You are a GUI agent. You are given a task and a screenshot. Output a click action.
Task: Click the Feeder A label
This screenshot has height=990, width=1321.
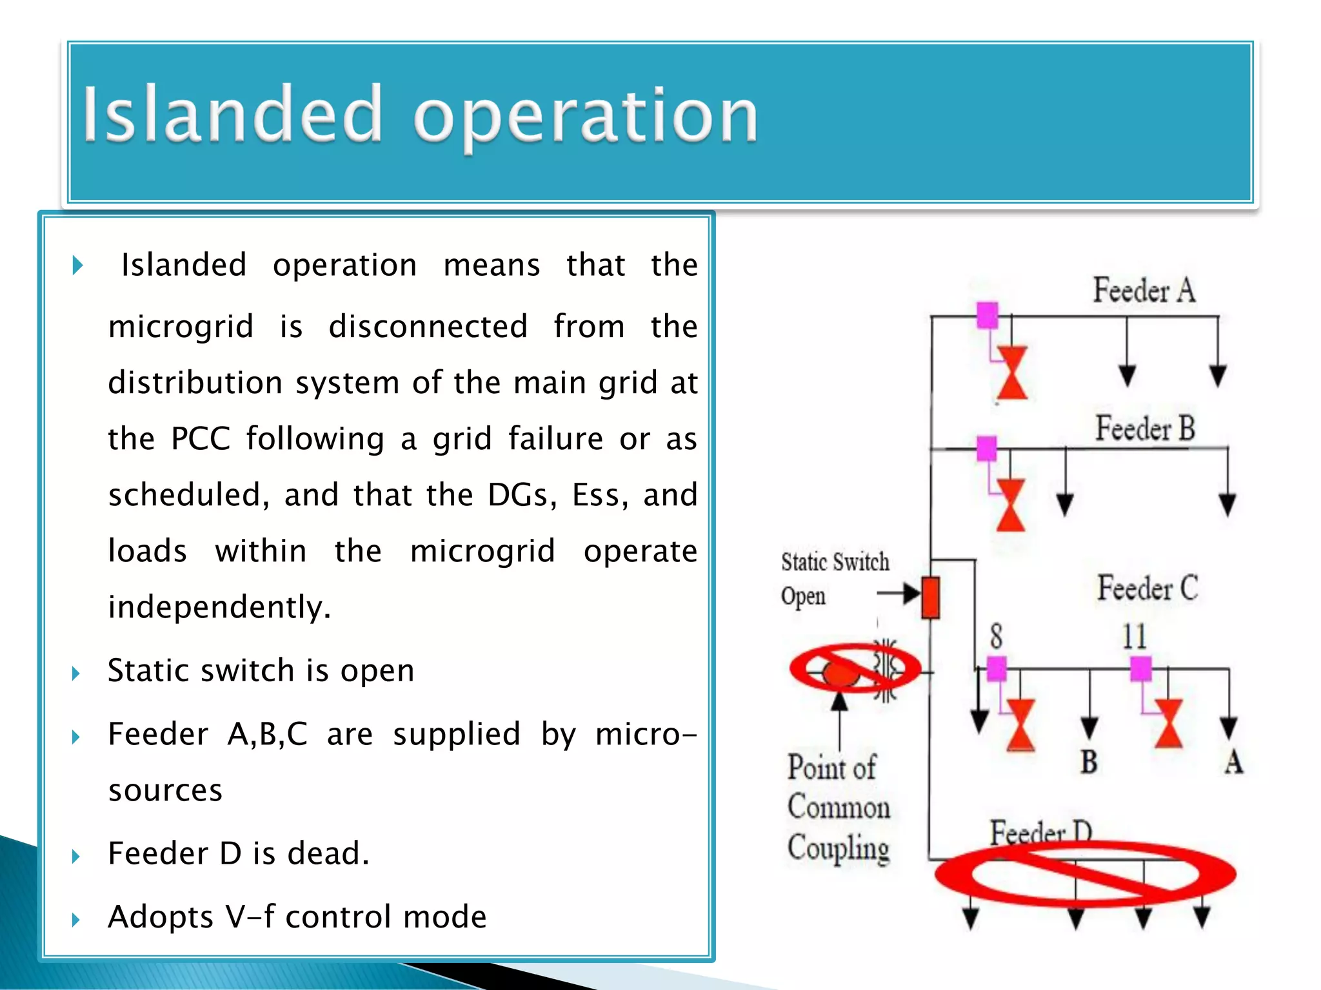point(1144,290)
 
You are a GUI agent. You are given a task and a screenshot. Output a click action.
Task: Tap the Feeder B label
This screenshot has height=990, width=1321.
point(1145,428)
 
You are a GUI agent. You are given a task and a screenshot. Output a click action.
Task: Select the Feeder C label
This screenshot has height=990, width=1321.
point(1147,588)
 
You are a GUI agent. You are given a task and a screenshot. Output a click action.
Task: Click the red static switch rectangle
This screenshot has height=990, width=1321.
point(930,597)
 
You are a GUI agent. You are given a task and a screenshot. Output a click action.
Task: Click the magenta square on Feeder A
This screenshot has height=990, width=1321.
point(987,316)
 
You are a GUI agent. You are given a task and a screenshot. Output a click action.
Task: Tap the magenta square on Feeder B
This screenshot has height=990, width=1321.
point(986,449)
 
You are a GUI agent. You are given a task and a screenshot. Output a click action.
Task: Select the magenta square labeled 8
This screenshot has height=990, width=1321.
point(997,668)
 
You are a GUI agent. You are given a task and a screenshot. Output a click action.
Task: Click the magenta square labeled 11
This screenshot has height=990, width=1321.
point(1140,668)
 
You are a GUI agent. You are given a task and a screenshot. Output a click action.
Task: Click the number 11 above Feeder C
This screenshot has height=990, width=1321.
point(1134,637)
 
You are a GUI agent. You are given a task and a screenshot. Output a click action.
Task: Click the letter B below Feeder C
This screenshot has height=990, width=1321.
point(1089,762)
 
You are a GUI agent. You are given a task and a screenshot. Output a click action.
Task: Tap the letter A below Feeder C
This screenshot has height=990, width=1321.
point(1233,762)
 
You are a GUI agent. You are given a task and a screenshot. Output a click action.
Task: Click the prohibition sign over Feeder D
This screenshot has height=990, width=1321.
point(1085,875)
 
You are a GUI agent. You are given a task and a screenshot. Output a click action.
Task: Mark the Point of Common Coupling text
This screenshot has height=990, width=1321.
point(837,807)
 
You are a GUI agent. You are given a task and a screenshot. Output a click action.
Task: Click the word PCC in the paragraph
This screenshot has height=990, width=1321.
point(200,438)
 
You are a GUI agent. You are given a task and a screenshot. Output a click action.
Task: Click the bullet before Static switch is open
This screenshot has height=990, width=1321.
point(76,674)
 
